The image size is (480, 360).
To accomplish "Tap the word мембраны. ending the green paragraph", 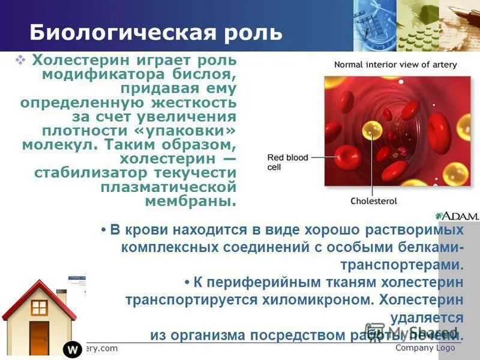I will pos(191,201).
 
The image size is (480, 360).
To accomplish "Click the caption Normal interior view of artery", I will pos(395,65).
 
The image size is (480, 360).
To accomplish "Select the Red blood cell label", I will pos(287,162).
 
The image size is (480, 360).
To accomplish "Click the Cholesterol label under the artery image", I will pos(371,201).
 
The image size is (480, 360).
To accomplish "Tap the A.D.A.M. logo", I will pos(457,216).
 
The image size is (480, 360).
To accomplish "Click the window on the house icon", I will pos(39,308).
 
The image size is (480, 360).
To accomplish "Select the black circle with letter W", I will pos(72,349).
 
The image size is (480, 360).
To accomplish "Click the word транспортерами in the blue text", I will pos(401,265).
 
